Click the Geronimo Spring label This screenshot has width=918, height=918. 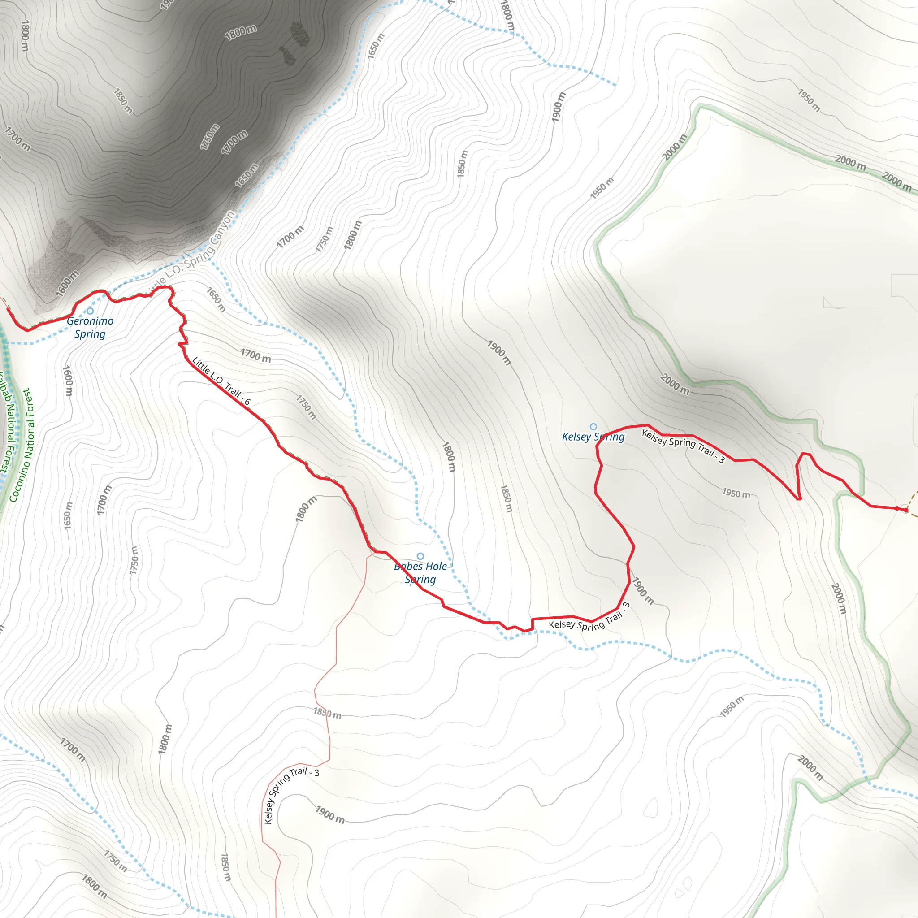[x=90, y=327]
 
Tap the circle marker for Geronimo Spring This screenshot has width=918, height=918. [x=90, y=311]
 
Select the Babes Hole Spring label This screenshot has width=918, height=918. [x=420, y=572]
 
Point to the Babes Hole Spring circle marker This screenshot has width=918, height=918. [x=420, y=556]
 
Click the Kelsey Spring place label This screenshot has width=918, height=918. [x=593, y=437]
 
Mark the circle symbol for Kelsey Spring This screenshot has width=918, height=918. [x=593, y=426]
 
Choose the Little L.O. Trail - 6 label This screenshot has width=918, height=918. [x=221, y=381]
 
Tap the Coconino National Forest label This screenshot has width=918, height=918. [x=22, y=445]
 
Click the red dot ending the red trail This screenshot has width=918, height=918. [x=905, y=510]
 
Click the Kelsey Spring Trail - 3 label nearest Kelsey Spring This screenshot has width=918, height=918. [x=683, y=445]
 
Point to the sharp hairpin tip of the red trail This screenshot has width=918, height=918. [x=799, y=499]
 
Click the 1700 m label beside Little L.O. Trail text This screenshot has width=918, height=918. [x=255, y=355]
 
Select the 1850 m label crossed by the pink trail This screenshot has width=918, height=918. [x=327, y=713]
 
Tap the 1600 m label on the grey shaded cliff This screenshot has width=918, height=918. [x=68, y=283]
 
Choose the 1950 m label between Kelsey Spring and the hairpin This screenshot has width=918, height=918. [x=736, y=493]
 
